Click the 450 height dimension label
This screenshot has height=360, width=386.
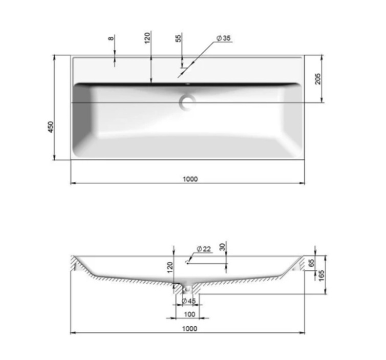click(51, 127)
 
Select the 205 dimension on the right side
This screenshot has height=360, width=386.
click(318, 79)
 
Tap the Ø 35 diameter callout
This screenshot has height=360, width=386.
click(224, 38)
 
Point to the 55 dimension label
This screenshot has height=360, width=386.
click(179, 38)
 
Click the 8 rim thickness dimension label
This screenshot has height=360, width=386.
click(111, 38)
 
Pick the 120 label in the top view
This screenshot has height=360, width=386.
click(147, 38)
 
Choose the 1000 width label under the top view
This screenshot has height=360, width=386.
click(190, 179)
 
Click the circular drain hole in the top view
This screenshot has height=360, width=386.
click(187, 102)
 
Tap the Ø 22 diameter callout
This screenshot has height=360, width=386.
click(204, 249)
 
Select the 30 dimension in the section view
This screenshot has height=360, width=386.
click(222, 247)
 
